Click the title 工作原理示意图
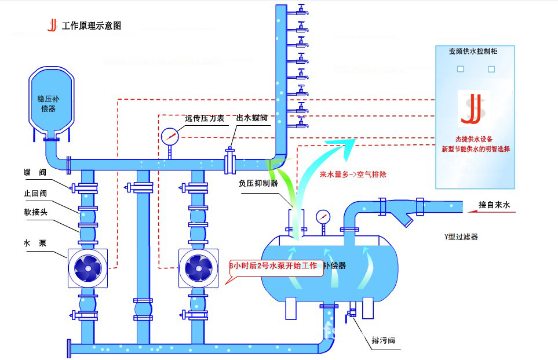pos(92,26)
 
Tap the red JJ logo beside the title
pos(52,25)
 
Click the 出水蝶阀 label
pos(251,118)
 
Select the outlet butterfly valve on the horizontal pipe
pos(229,161)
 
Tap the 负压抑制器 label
pos(258,183)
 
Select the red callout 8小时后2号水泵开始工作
pos(275,266)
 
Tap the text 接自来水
pos(494,205)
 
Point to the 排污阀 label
pos(384,339)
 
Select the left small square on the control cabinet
pos(461,69)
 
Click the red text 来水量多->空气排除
pos(353,174)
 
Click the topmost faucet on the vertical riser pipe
pos(301,10)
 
